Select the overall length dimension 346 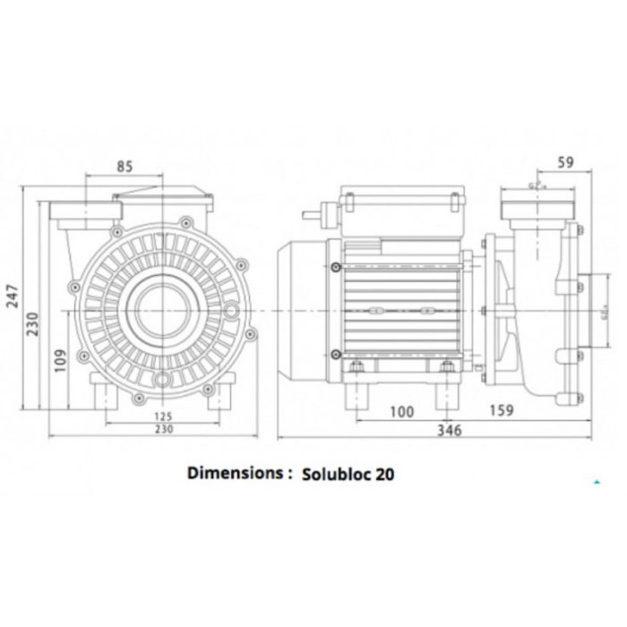click(448, 431)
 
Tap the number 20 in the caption click(383, 474)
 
